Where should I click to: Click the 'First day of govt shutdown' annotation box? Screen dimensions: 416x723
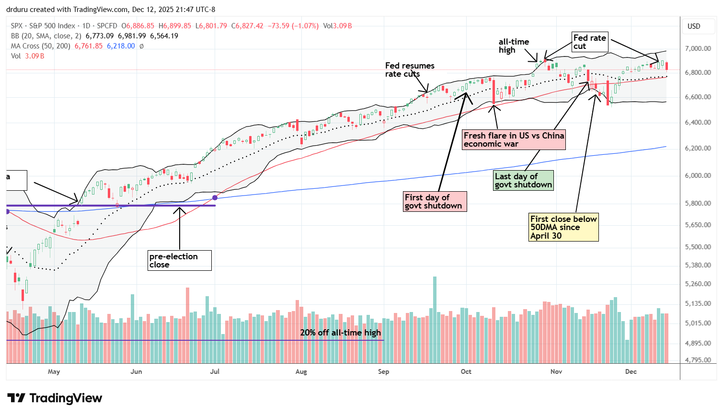[435, 201]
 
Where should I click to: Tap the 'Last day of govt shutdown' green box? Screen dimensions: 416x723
[523, 181]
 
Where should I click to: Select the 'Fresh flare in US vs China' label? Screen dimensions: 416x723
[514, 139]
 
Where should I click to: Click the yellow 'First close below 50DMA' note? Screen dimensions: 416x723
[563, 227]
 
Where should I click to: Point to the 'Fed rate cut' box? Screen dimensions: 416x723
[590, 42]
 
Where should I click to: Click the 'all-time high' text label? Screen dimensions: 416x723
[513, 46]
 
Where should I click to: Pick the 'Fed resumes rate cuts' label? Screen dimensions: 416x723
[410, 69]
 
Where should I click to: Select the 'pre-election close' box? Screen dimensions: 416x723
[179, 260]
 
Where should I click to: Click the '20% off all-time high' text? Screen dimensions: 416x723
[340, 333]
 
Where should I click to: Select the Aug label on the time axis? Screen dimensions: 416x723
[301, 371]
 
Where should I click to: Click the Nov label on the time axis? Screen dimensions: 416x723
[556, 371]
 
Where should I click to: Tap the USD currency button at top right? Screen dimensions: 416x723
[694, 26]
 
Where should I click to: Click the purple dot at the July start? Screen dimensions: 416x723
[215, 197]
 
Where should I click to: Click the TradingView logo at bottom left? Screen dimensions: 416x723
[55, 398]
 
